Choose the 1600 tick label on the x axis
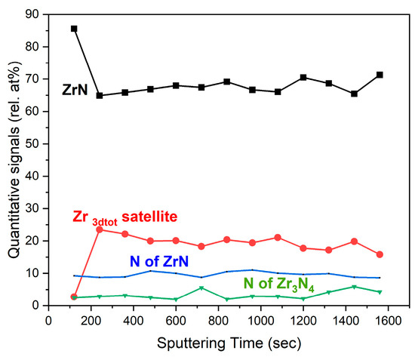tap(380, 320)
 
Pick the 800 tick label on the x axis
tap(214, 320)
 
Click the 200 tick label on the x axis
tap(90, 320)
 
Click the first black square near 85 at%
tap(74, 29)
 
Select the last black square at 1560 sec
tap(380, 75)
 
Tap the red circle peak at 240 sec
tap(100, 229)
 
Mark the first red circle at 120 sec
tap(74, 297)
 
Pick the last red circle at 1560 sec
tap(380, 254)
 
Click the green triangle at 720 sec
tap(201, 288)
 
